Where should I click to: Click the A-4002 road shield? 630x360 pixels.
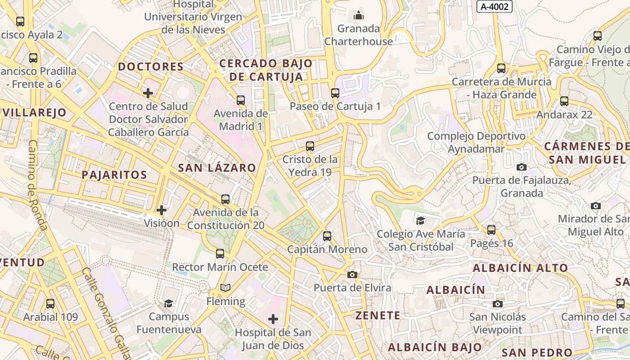click(x=495, y=6)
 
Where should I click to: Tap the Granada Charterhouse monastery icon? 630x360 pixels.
click(x=359, y=16)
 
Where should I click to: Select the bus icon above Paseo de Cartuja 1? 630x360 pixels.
click(x=335, y=93)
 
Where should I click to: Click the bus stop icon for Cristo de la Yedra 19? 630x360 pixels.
click(x=310, y=146)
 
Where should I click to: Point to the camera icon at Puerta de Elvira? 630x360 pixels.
click(x=352, y=274)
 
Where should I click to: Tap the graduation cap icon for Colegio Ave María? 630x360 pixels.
click(x=420, y=220)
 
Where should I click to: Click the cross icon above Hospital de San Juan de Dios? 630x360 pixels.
click(x=273, y=319)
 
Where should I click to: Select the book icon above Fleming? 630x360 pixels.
click(x=225, y=288)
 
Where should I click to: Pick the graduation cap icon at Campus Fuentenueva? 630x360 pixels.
click(x=168, y=303)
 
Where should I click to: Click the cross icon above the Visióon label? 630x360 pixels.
click(x=161, y=210)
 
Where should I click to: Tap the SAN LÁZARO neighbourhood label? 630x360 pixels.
click(x=217, y=168)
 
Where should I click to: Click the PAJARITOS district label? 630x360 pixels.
click(x=114, y=175)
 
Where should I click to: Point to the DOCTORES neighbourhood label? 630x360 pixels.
click(x=151, y=67)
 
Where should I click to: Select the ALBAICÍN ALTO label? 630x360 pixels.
click(x=520, y=268)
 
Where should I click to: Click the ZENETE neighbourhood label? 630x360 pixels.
click(x=378, y=316)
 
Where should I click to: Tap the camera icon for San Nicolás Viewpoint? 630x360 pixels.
click(x=497, y=304)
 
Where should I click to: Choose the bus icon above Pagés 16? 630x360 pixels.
click(x=491, y=230)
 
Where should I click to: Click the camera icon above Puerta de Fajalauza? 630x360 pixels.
click(x=521, y=167)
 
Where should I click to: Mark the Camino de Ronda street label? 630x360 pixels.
click(x=38, y=184)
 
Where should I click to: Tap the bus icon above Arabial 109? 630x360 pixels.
click(x=50, y=304)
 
